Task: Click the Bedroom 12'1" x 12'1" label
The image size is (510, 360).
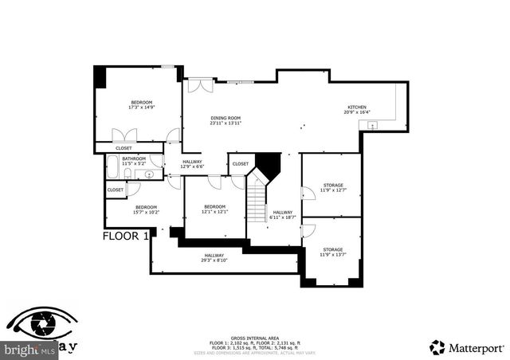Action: [214, 209]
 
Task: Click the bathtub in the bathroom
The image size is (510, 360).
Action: [114, 170]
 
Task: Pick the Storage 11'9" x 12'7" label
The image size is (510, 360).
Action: [332, 187]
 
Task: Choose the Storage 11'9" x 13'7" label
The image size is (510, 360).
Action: [332, 252]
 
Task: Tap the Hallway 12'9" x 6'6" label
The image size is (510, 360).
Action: [191, 164]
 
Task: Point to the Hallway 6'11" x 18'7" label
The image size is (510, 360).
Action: [282, 214]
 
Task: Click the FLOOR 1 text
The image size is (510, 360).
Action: [125, 237]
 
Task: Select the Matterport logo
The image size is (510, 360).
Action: [459, 346]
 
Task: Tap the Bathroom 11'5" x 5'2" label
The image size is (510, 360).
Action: [134, 161]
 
